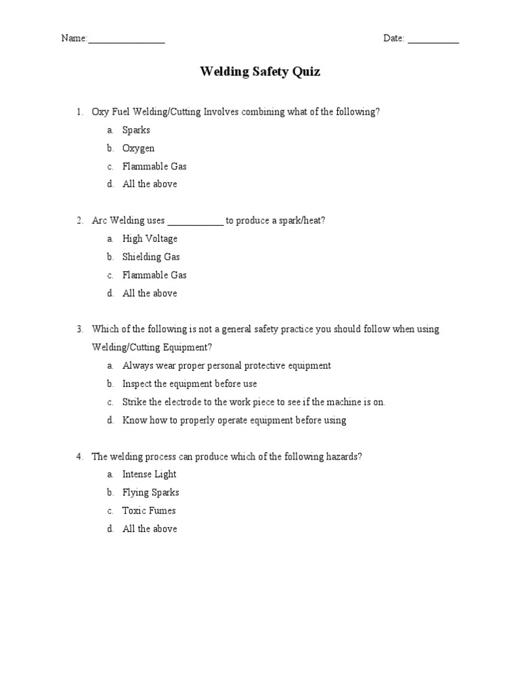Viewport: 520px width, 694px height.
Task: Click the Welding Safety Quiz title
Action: pos(260,73)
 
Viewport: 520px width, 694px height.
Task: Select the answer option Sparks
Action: pos(136,130)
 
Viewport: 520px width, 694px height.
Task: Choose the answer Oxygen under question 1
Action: pos(138,148)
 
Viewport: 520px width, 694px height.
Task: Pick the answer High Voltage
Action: pos(150,239)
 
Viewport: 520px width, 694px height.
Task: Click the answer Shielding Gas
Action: pos(151,257)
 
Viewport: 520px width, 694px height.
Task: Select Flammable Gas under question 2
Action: pos(154,275)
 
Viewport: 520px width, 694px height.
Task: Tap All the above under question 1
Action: pos(150,184)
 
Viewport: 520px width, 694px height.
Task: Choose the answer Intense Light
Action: pos(149,474)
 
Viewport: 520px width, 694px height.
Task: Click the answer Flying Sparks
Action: pos(150,493)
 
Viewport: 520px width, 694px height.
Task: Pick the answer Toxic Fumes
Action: pos(149,511)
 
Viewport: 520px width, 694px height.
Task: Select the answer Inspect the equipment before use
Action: pos(190,384)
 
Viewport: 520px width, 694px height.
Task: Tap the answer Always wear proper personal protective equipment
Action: pos(226,365)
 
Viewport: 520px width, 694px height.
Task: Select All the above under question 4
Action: pos(150,529)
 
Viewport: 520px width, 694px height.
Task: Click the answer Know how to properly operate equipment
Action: pos(234,420)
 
